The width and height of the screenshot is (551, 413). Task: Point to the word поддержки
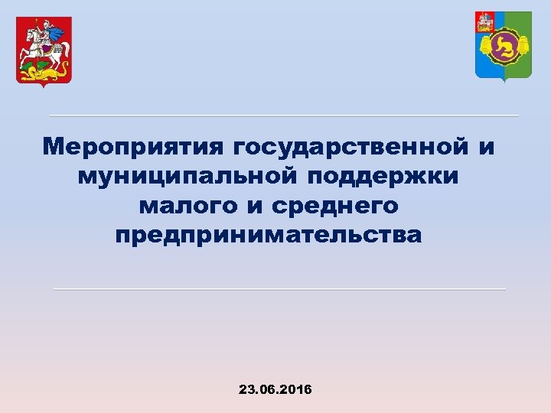coord(383,176)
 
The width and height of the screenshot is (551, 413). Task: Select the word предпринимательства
coord(269,235)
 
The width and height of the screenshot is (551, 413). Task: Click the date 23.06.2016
coord(275,389)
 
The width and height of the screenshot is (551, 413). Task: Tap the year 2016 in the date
coord(296,389)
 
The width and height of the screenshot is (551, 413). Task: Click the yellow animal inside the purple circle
coord(503,48)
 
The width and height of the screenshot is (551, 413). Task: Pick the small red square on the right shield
coord(484,21)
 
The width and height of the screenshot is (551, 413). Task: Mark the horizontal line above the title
coord(284,115)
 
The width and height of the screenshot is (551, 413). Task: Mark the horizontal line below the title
coord(279,289)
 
